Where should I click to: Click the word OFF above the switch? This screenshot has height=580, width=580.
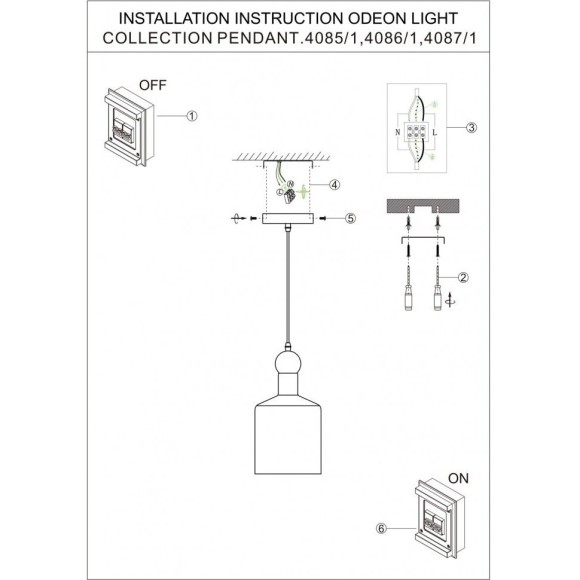pyautogui.click(x=152, y=85)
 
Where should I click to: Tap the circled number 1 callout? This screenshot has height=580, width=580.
pyautogui.click(x=193, y=116)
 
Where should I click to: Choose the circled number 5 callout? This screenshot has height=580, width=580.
pyautogui.click(x=350, y=218)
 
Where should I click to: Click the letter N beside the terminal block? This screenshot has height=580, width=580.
pyautogui.click(x=398, y=132)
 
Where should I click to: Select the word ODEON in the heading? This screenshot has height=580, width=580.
pyautogui.click(x=395, y=19)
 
